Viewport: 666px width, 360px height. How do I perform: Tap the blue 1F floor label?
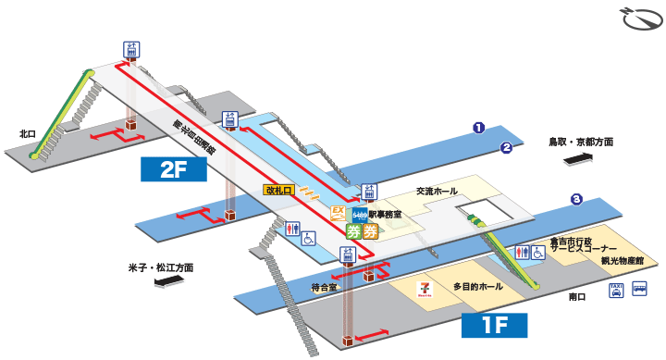click(494, 325)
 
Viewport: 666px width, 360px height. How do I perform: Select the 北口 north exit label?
click(27, 134)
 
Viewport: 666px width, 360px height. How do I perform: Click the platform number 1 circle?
click(479, 128)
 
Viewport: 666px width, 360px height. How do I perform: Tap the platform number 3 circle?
click(575, 199)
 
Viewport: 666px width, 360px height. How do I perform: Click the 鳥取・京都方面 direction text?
click(580, 142)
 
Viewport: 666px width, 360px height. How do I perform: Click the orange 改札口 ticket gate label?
click(278, 190)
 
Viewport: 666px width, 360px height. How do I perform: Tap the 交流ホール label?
click(437, 191)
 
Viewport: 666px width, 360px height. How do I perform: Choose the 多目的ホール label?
click(478, 287)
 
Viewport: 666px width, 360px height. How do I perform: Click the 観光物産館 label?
click(620, 261)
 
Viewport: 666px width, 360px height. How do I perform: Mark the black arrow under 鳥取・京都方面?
click(579, 159)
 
